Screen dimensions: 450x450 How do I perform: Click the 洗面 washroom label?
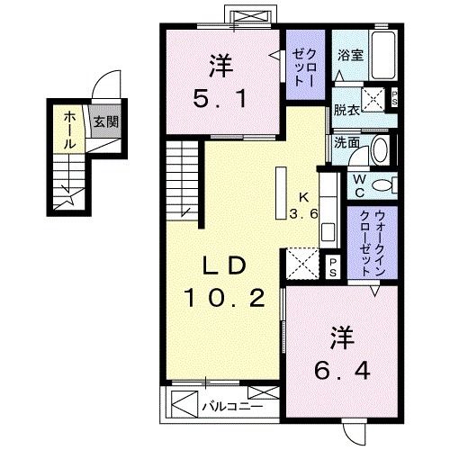coord(346,141)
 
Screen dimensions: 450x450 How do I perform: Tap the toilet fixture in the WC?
coord(384,185)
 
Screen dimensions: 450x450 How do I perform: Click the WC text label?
coord(358,185)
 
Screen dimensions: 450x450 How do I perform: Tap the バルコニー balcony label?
coord(231,406)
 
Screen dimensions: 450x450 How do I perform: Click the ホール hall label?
coord(69,129)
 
